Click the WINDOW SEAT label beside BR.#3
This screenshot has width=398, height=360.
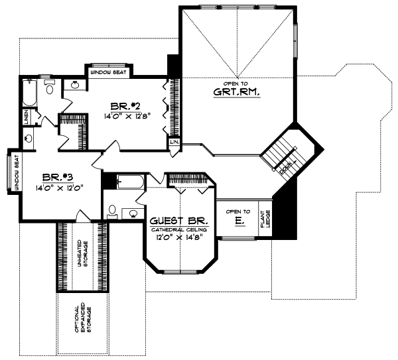point(13,173)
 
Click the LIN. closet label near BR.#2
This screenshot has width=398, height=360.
point(174,143)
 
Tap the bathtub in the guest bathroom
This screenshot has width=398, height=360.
point(126,182)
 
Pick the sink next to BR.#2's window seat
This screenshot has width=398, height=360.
point(74,84)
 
